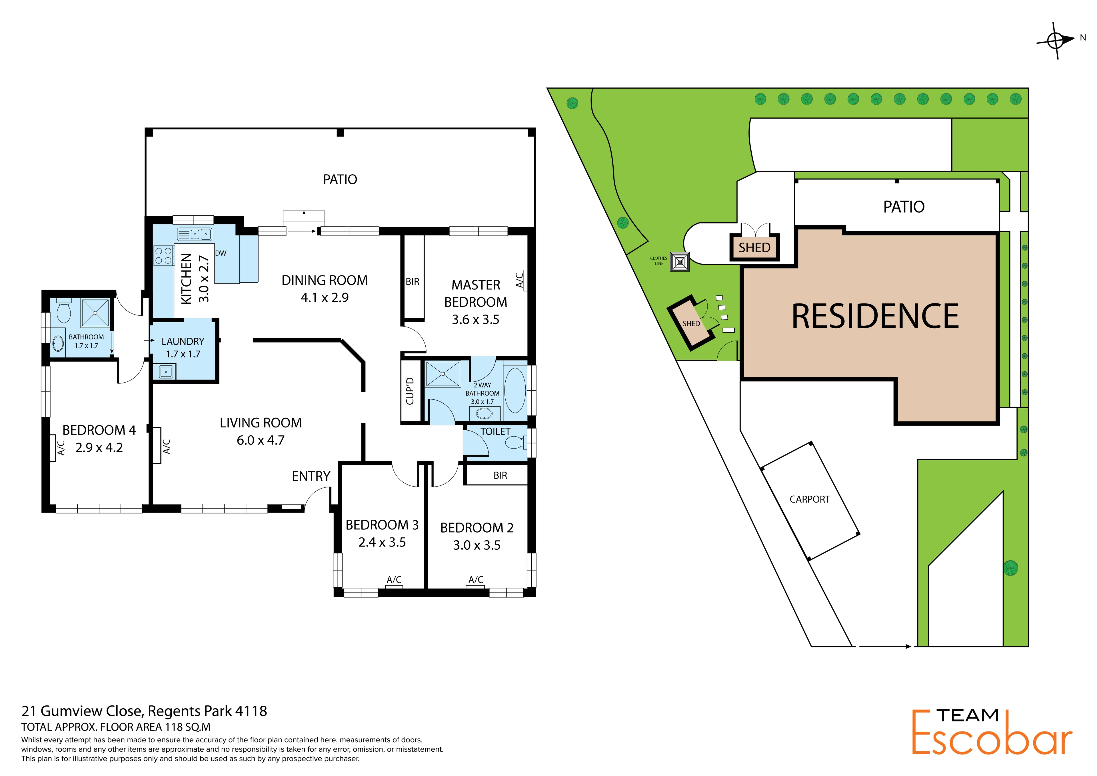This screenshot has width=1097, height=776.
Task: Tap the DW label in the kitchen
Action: tap(221, 253)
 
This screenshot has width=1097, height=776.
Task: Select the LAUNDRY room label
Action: tap(183, 341)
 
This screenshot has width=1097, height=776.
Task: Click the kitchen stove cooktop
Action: tap(163, 256)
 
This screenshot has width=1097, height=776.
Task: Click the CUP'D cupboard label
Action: tap(410, 391)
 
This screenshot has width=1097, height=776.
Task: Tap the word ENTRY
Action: tap(311, 476)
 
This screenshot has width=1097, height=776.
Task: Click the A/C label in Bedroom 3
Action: tap(394, 580)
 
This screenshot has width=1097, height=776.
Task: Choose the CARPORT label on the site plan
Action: tap(810, 499)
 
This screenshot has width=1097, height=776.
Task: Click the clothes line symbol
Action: tap(680, 262)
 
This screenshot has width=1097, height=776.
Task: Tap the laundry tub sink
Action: tap(166, 371)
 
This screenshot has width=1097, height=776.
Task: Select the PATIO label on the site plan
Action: tap(904, 207)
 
